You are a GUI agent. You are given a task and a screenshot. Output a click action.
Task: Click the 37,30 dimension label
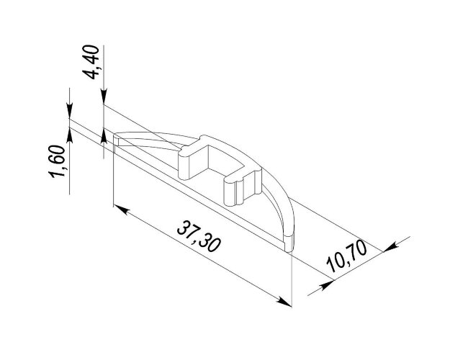pyautogui.click(x=199, y=236)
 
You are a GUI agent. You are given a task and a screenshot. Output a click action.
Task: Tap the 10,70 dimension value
pyautogui.click(x=347, y=256)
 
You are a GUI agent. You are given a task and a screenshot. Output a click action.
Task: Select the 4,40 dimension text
pyautogui.click(x=92, y=62)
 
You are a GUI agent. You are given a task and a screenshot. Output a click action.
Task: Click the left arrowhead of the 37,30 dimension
pyautogui.click(x=120, y=210)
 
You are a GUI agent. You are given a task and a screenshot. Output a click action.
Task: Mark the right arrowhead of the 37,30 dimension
pyautogui.click(x=284, y=302)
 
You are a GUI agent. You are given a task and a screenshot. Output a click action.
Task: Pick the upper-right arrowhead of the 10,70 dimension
pyautogui.click(x=390, y=247)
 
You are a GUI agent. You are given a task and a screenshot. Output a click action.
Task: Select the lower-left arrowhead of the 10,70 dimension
pyautogui.click(x=327, y=284)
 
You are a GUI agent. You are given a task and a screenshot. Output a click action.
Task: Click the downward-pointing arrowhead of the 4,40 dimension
pyautogui.click(x=104, y=96)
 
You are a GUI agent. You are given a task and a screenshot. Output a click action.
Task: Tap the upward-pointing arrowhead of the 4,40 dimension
pyautogui.click(x=104, y=136)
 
